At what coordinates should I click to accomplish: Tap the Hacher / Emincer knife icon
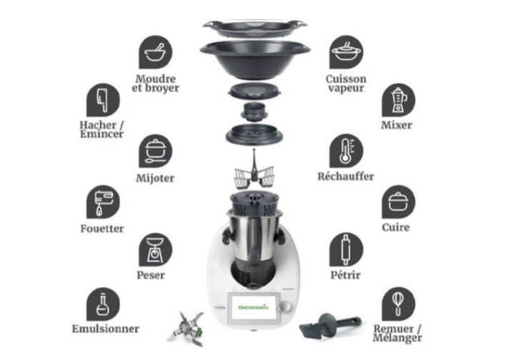tap(103, 101)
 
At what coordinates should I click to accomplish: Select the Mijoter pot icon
tap(155, 151)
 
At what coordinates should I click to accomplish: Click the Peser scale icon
tap(155, 250)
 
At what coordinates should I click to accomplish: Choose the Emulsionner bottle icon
tap(103, 304)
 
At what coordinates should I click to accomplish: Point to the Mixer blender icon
tap(398, 101)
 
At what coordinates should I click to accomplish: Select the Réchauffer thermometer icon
tap(346, 151)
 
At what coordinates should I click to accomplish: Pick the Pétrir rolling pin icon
tap(346, 250)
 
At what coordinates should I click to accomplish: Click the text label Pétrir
tap(346, 275)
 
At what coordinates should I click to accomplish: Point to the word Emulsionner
tap(105, 329)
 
